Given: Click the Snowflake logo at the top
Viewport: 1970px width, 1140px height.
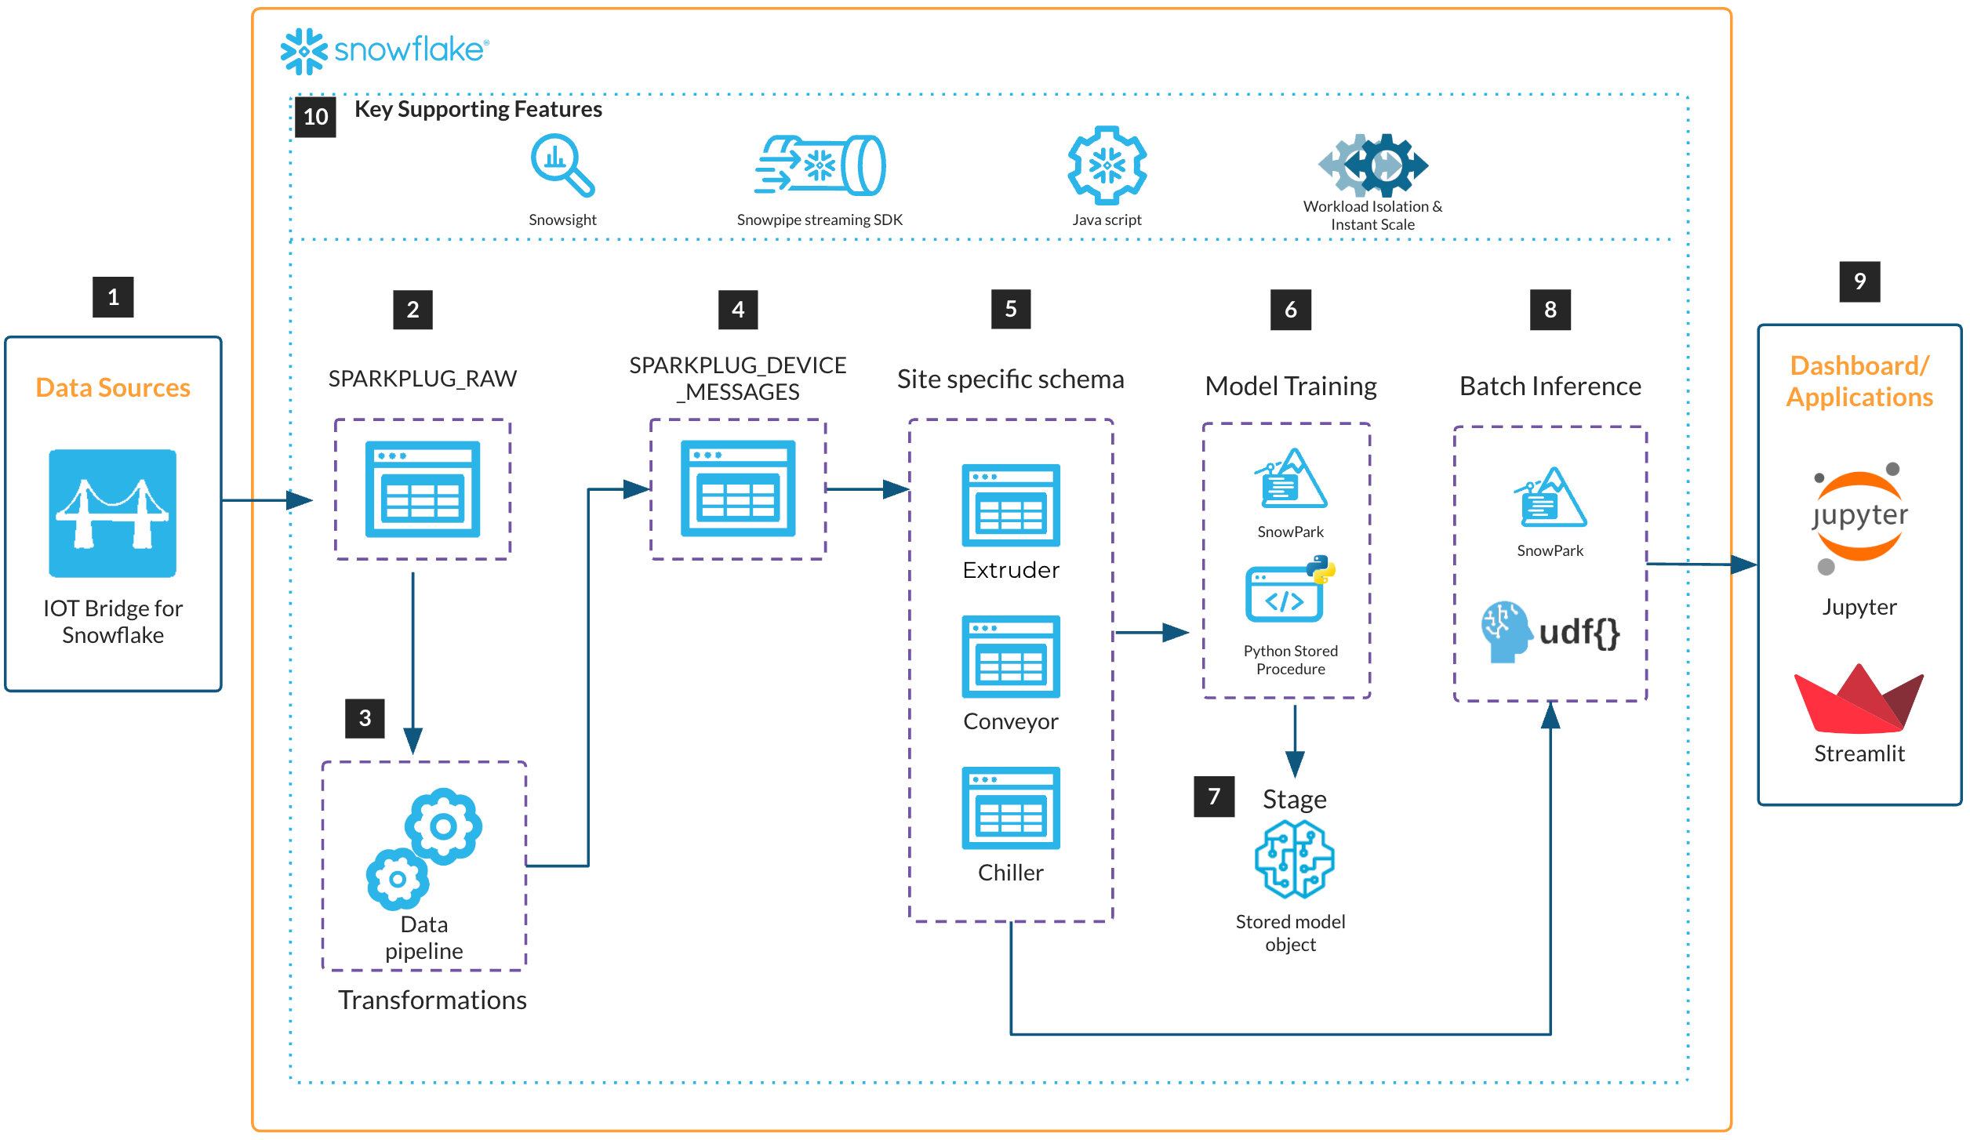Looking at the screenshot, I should coord(383,51).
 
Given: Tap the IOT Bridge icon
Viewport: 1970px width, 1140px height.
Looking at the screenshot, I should coord(112,513).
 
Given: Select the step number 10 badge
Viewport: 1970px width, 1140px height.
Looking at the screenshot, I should coord(315,117).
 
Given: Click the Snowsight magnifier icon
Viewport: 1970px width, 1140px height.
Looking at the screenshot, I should coord(562,165).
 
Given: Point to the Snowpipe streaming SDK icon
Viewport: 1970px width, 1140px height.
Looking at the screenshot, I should coord(820,165).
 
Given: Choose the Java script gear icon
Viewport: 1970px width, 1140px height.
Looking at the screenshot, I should coord(1107,165).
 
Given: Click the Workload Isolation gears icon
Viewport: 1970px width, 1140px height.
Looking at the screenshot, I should coord(1372,165).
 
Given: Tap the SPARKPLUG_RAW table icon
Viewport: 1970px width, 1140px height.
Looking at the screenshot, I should coord(423,488).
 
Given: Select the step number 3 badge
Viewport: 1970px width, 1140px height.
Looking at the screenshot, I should coord(365,718).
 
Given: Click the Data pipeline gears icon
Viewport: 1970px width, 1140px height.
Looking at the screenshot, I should coord(424,848).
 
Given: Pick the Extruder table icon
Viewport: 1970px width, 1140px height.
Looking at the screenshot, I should coord(1011,505).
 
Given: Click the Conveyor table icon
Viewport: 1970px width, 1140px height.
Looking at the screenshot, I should coord(1011,656).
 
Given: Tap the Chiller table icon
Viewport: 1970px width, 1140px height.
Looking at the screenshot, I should coord(1011,808).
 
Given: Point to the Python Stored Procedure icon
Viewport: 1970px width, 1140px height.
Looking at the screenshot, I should coord(1289,590).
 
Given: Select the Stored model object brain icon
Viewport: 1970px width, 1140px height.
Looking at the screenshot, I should coord(1294,859).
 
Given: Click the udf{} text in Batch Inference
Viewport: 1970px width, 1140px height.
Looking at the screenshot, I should coord(1579,632).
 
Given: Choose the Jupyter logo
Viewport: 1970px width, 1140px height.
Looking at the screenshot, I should coord(1859,517).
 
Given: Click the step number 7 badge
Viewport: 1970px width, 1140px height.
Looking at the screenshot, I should coord(1214,797).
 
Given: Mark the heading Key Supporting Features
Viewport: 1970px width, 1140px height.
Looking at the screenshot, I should coord(478,109).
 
